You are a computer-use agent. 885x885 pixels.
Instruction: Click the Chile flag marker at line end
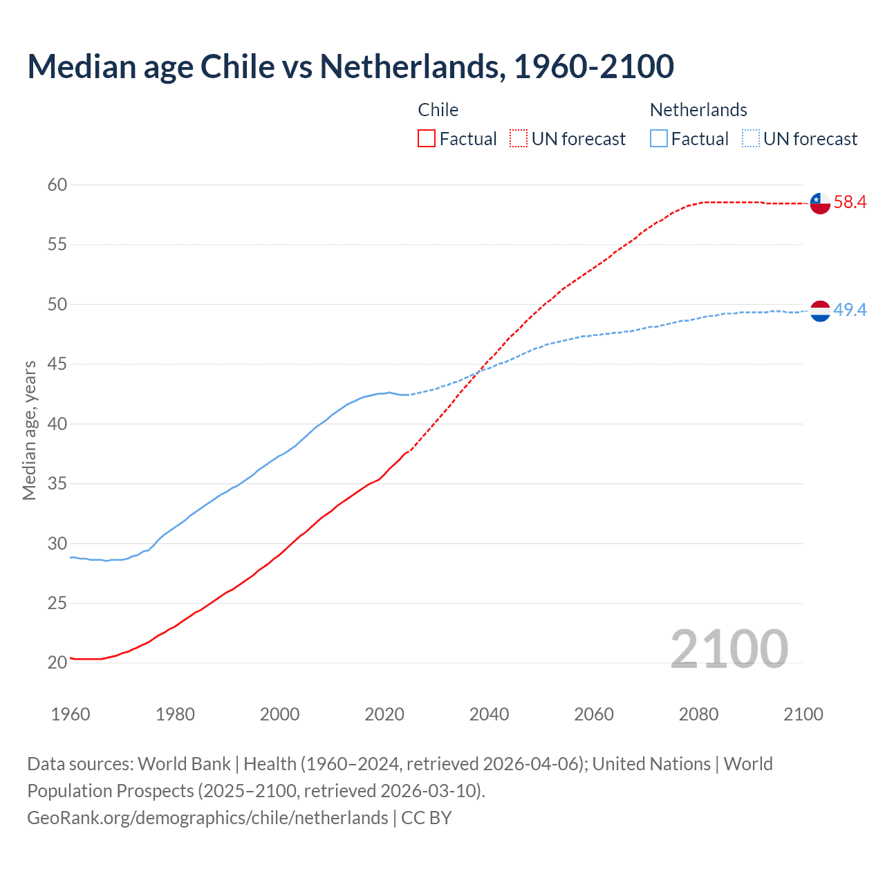coord(820,203)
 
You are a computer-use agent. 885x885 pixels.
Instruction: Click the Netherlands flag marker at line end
coord(820,311)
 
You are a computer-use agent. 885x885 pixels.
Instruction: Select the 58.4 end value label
coord(850,202)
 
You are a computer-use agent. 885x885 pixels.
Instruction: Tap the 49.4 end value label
coord(850,310)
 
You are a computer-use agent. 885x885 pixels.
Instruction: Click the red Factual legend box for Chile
coord(427,139)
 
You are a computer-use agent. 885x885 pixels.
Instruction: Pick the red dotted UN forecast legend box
coord(519,139)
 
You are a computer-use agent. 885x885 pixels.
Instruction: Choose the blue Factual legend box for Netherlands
coord(659,139)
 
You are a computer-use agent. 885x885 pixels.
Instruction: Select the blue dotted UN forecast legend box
coord(751,139)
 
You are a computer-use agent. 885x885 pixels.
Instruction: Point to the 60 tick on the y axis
coord(57,185)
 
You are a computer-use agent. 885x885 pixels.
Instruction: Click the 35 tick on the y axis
coord(57,483)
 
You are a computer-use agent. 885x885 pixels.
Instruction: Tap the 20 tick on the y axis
coord(57,662)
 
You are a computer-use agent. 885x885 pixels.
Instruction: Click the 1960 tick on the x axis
coord(71,714)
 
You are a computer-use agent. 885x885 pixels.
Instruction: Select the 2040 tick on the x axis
coord(490,714)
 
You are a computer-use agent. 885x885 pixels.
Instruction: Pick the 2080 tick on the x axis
coord(698,714)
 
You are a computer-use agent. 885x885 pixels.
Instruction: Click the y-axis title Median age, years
coord(29,430)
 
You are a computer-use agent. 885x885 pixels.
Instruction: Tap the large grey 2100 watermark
coord(729,649)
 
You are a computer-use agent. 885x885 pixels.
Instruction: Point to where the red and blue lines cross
coord(478,373)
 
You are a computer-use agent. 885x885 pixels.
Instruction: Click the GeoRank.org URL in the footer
coord(207,818)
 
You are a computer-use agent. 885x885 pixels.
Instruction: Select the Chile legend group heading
coord(438,110)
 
